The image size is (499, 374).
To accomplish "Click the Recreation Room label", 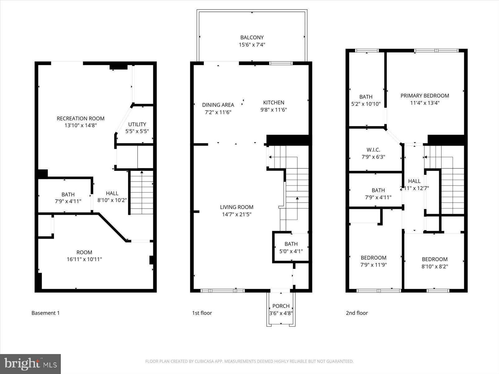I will pos(80,118).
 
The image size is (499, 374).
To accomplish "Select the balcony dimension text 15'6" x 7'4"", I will pos(252,45).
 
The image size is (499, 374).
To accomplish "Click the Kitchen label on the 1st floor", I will pos(274,103).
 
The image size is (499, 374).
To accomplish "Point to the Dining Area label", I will pos(218,105).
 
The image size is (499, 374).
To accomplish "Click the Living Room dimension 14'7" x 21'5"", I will pos(237,214).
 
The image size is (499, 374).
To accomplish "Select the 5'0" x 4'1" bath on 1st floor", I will pos(291,247).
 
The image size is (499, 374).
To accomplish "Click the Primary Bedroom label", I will pos(425,96).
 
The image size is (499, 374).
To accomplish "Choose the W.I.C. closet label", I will pos(373,150).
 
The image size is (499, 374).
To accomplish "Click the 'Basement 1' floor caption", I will pos(46,313).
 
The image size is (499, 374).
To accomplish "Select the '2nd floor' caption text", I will pos(357,313).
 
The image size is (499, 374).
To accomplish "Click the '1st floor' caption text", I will pos(202,313).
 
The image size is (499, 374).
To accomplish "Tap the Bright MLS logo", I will pos(31,364).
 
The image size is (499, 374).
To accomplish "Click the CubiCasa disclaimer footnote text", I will pos(249,362).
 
